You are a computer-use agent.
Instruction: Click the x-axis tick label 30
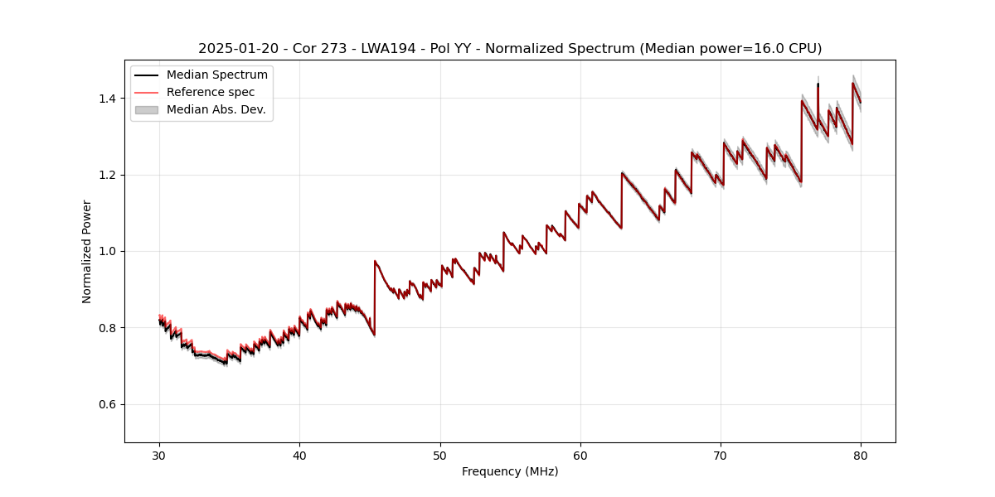tap(159, 456)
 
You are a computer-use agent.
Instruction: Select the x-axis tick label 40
tap(299, 456)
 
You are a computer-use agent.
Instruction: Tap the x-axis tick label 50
tap(440, 456)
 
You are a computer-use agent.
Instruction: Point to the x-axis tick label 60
tap(580, 456)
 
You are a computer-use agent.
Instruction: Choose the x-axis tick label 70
tap(721, 456)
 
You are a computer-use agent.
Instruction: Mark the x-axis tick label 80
tap(861, 456)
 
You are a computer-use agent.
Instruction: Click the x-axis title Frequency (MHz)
tap(510, 471)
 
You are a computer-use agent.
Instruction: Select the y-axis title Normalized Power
tap(87, 251)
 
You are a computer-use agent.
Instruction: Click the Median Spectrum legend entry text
tap(217, 75)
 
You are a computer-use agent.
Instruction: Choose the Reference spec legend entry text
tap(211, 92)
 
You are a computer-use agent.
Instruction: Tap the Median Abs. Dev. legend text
tap(216, 109)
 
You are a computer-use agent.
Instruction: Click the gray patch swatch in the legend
tap(146, 109)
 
